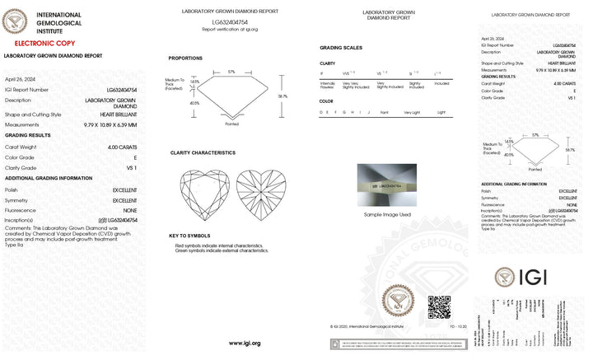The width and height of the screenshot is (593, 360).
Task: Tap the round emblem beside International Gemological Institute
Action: (x=16, y=20)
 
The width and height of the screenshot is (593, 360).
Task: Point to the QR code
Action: (x=439, y=307)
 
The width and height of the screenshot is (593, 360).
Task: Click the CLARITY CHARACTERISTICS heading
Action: (x=203, y=152)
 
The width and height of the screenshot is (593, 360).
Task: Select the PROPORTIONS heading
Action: (x=185, y=58)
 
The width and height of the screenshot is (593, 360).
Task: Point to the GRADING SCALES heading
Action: (x=342, y=48)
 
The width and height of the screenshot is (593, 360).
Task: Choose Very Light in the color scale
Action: (x=412, y=111)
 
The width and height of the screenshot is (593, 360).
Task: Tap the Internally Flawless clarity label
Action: (x=327, y=84)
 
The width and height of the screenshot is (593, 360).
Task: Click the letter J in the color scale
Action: (x=368, y=111)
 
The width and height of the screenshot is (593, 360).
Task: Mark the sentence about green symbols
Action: (x=222, y=250)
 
